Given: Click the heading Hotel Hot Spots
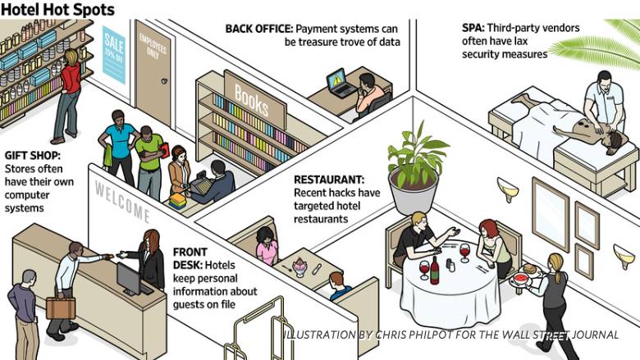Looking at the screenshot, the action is coord(57,11).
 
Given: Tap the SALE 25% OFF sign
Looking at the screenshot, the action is coord(114,54).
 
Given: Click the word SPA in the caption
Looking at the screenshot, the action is coord(473,28).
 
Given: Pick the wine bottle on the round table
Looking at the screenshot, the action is coord(434,270).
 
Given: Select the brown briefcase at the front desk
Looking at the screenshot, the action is coord(60,308).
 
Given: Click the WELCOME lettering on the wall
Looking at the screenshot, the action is coord(122,202).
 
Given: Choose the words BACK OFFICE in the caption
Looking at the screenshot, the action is coord(258,28).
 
